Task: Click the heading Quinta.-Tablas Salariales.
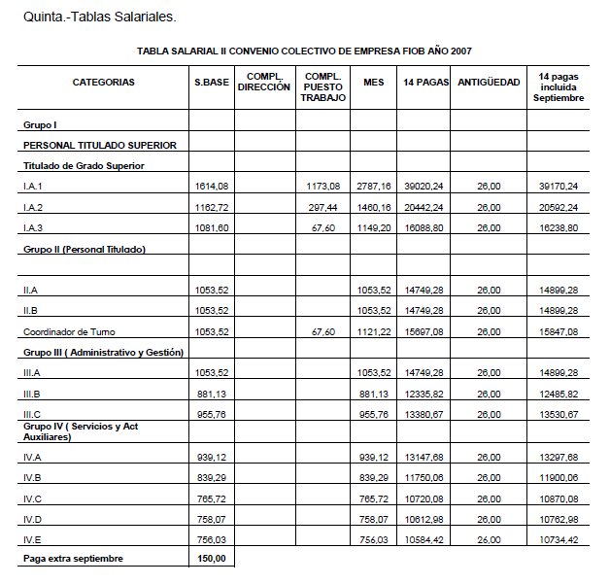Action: [x=92, y=17]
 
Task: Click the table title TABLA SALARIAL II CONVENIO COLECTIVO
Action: [x=305, y=50]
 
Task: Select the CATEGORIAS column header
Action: [x=104, y=83]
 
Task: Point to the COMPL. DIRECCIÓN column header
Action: [x=263, y=82]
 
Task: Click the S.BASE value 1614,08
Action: [x=211, y=186]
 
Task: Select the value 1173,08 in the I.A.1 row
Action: [x=323, y=186]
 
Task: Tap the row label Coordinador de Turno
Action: [x=69, y=331]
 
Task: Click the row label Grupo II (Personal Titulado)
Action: [x=85, y=249]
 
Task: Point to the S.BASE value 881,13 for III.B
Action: [x=211, y=394]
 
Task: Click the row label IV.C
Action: [x=32, y=498]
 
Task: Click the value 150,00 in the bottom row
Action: [x=213, y=559]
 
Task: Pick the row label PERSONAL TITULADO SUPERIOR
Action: [x=100, y=145]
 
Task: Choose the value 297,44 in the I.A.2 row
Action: [x=323, y=207]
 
